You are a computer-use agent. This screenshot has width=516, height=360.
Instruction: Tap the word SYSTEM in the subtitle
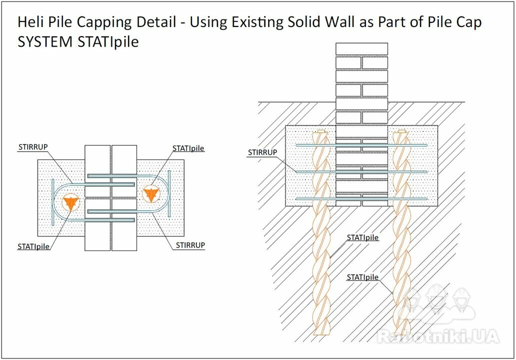pos(45,42)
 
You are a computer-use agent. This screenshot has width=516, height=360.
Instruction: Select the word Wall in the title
pos(340,22)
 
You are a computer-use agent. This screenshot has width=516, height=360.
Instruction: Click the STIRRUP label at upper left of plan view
pos(33,147)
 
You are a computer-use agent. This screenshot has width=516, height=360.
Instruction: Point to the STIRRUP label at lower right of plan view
pos(190,245)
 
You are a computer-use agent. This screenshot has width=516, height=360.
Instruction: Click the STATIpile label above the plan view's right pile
pos(188,148)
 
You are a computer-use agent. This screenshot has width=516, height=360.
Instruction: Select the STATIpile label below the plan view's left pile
pos(33,246)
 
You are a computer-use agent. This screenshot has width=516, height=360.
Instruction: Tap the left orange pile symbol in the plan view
pos(70,202)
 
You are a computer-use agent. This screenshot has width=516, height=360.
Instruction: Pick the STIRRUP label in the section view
pos(262,152)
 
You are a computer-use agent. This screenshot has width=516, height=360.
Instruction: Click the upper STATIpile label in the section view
pos(362,237)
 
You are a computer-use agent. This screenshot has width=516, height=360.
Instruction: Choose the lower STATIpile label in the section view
pos(362,277)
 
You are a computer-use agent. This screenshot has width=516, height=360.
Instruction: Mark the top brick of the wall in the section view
pos(361,49)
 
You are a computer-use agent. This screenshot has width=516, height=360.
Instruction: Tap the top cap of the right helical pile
pos(401,131)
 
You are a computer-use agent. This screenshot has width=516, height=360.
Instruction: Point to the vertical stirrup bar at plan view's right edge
pos(169,193)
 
